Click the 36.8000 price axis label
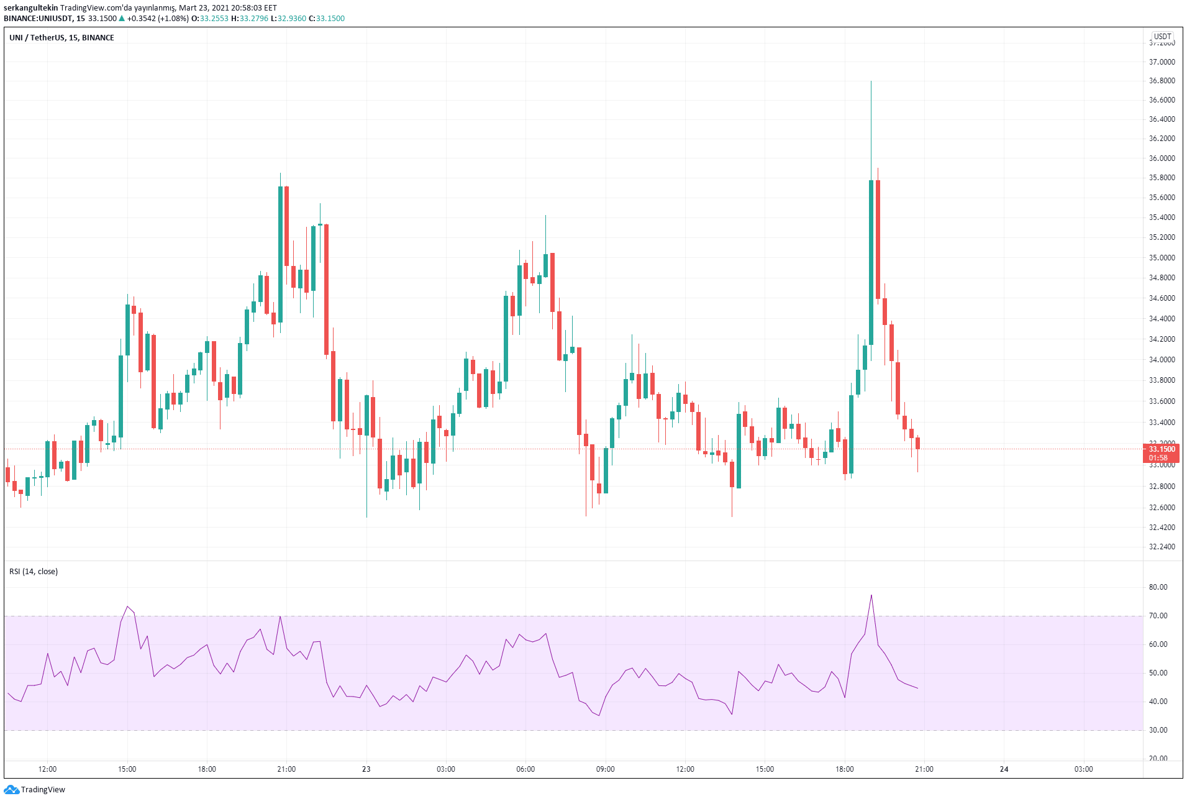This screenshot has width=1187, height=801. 1162,81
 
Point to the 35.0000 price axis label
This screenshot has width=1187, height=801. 1162,257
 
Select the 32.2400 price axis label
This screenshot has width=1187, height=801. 1162,547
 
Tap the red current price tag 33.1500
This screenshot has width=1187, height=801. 1161,449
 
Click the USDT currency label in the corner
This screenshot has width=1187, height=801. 1162,37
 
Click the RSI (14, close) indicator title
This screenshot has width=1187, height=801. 34,572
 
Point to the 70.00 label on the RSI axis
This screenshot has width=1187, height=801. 1158,616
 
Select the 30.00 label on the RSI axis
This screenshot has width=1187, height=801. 1158,730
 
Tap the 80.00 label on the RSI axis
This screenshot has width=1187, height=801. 1158,587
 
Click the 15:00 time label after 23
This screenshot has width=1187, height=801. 765,769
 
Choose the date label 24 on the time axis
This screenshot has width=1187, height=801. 1004,769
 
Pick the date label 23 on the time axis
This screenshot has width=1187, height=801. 366,769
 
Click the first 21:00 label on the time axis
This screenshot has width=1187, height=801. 286,769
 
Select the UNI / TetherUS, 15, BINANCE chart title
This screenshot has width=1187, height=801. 61,38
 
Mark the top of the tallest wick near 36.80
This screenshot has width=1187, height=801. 871,81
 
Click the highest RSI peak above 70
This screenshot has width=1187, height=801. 871,595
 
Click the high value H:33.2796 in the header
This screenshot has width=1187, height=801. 250,19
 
